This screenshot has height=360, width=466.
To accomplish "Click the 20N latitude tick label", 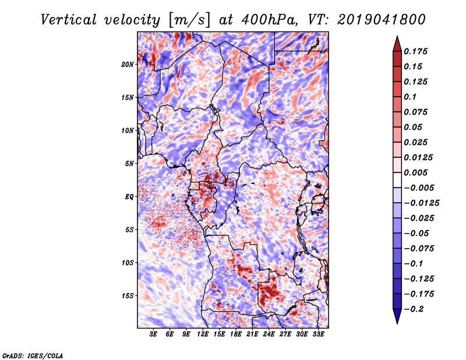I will (128, 64).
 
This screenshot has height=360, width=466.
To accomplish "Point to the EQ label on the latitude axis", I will (129, 197).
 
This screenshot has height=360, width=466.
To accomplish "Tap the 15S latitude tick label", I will (128, 296).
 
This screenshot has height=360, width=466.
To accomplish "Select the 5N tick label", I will (129, 164).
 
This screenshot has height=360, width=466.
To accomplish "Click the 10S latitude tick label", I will (128, 263).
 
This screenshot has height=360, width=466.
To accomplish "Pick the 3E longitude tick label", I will (154, 335).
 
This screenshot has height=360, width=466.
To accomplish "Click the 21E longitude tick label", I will (253, 335).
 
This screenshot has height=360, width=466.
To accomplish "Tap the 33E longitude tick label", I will (319, 335).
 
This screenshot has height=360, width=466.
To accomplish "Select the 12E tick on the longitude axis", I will (203, 335).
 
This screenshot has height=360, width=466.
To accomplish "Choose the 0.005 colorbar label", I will (417, 172).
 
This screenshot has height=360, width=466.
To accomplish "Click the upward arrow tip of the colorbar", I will (396, 38).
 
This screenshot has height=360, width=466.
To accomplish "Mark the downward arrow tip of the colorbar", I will (396, 322).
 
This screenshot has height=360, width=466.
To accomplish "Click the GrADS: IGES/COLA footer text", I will (32, 355).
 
